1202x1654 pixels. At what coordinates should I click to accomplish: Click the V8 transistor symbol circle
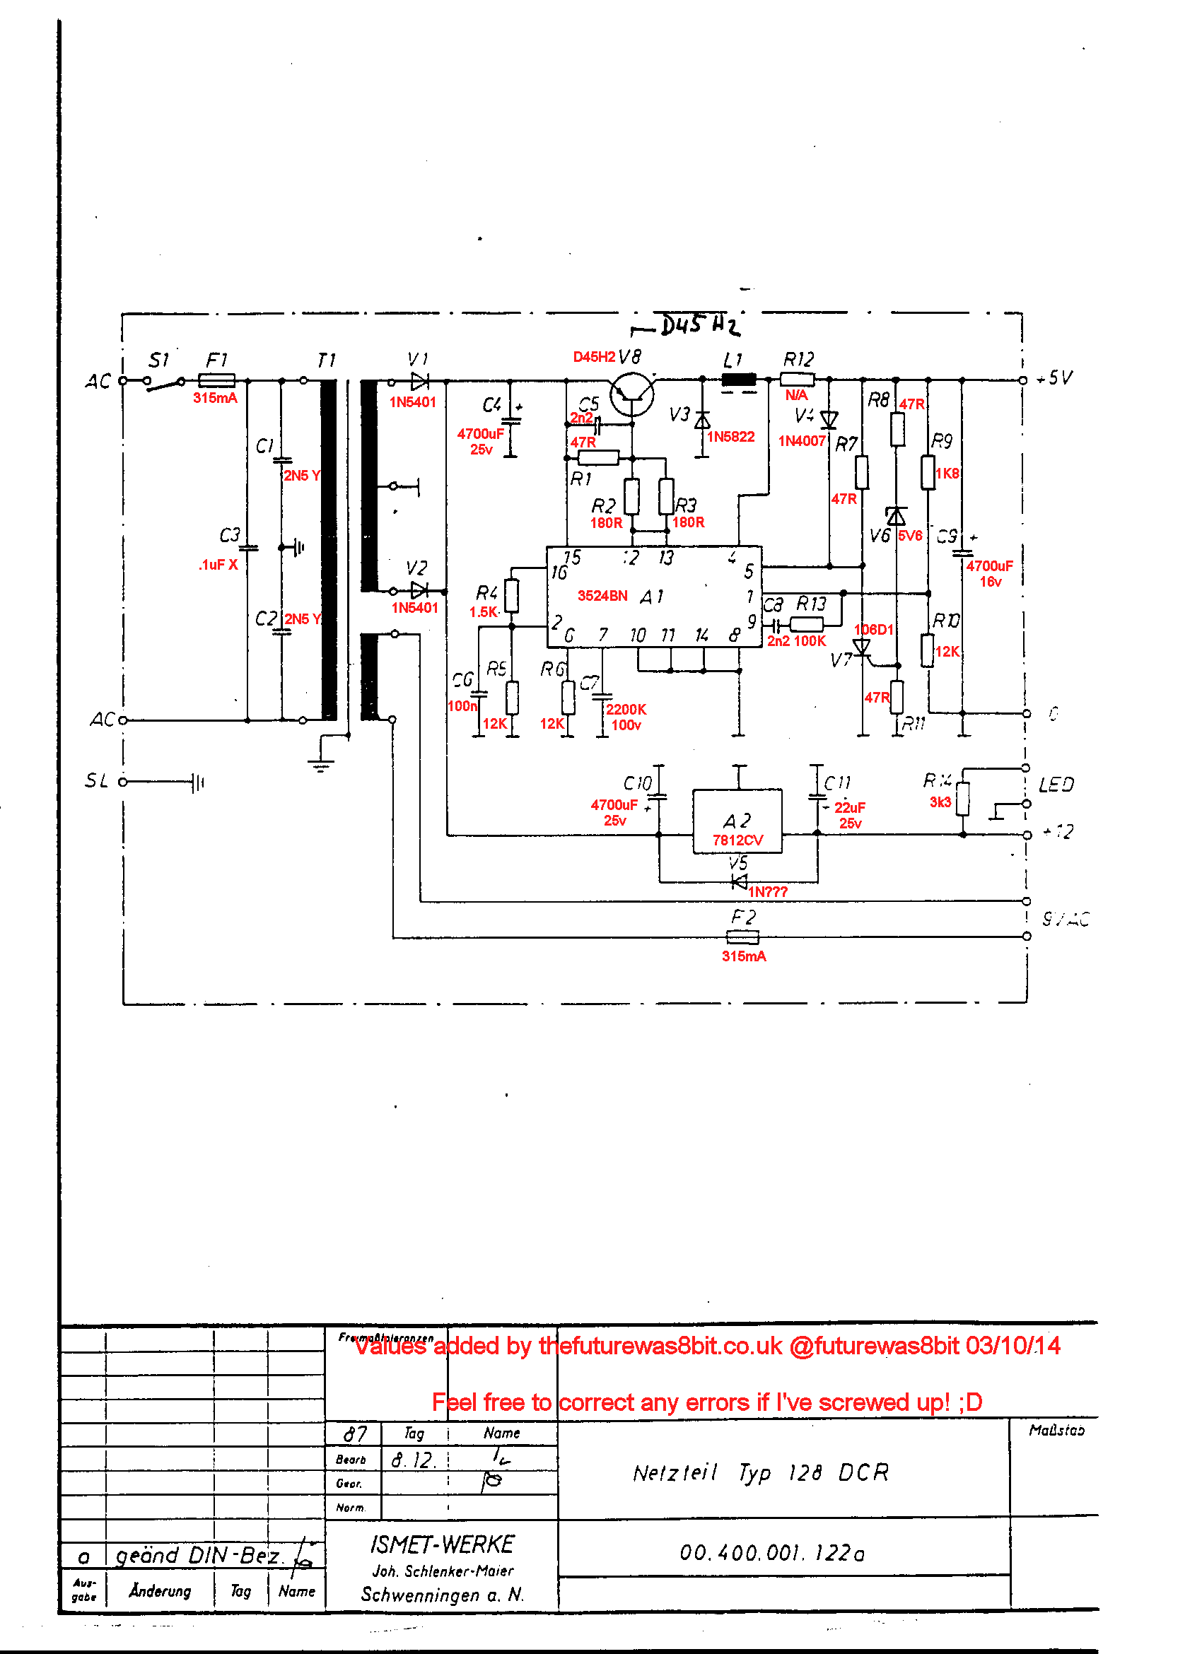[631, 394]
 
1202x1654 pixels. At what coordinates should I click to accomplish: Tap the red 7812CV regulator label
[737, 840]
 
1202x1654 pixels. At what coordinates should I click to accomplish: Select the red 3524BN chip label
[602, 596]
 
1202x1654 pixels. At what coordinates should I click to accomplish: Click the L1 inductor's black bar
[738, 380]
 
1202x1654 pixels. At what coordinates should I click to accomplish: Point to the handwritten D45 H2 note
[699, 325]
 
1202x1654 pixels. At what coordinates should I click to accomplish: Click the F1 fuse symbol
[216, 380]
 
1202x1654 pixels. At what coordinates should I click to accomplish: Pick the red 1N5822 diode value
[730, 437]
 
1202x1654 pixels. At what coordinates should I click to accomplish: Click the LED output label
[1056, 785]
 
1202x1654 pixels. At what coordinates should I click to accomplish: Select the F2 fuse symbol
[742, 937]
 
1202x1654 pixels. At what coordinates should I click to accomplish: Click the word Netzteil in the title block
[675, 1473]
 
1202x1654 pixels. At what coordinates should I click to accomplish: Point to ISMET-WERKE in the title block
[442, 1544]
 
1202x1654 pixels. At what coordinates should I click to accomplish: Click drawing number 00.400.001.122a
[771, 1554]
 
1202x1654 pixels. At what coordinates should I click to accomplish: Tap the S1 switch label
[158, 360]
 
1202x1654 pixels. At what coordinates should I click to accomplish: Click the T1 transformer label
[326, 360]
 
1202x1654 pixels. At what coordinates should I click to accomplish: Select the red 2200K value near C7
[626, 710]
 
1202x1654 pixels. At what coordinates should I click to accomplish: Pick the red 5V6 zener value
[909, 536]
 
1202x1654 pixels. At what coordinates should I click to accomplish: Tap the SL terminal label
[96, 781]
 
